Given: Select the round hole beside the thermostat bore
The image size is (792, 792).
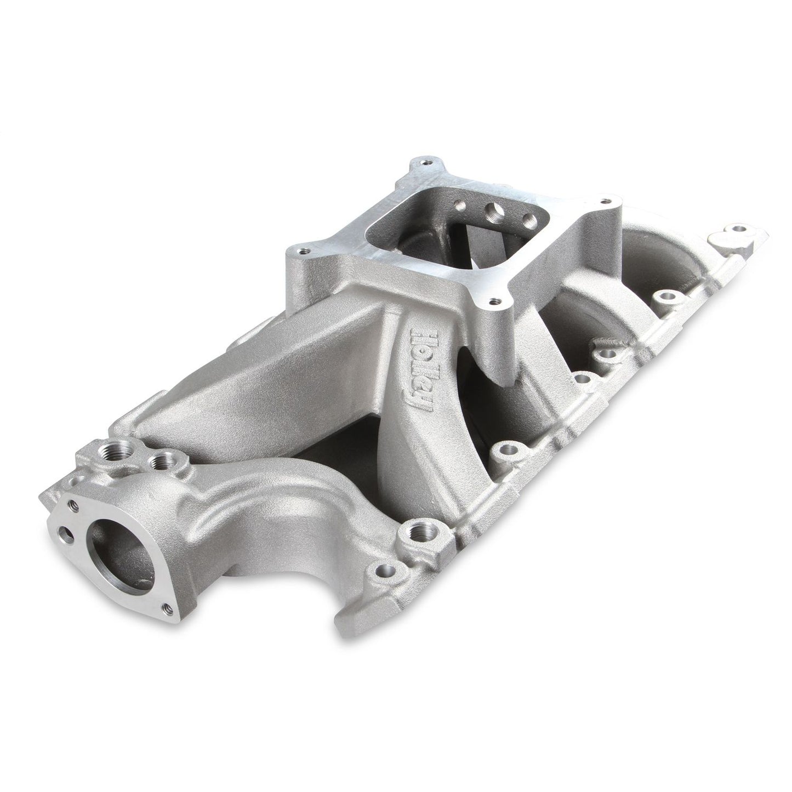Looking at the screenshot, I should (x=67, y=561).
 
